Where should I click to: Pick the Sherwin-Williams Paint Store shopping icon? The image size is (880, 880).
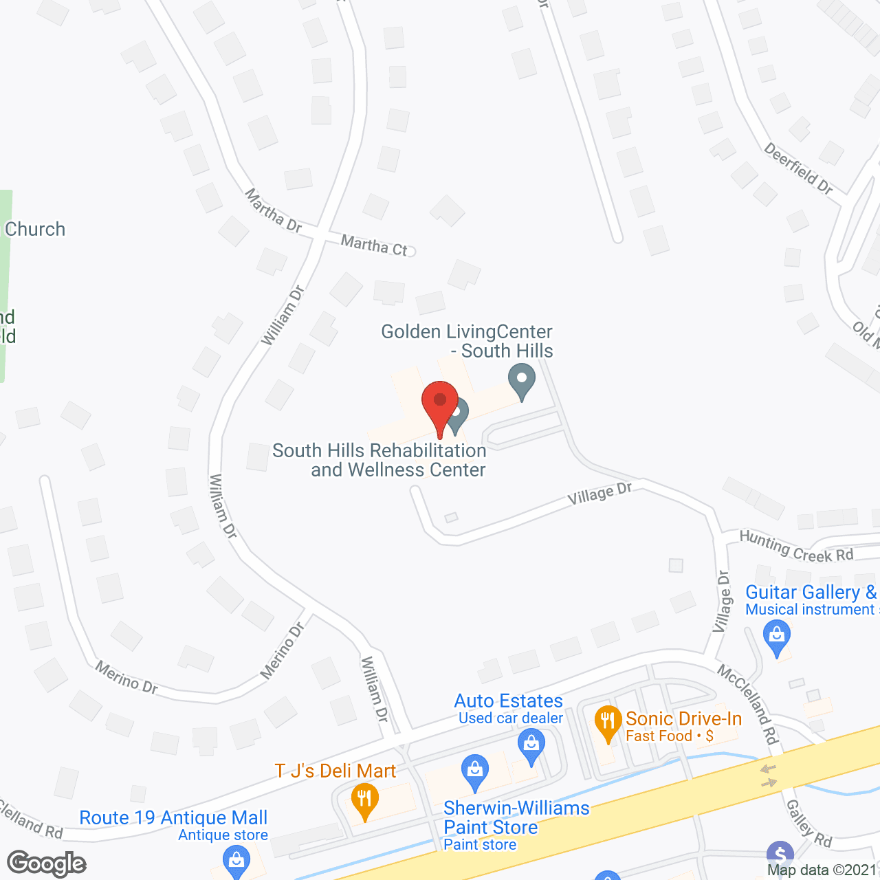tap(475, 772)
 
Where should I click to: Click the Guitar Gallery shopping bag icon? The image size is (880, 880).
tap(777, 637)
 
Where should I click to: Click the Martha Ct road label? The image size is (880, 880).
tap(375, 245)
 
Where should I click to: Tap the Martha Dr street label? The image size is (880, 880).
tap(274, 210)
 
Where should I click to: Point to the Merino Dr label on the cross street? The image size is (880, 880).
tap(283, 650)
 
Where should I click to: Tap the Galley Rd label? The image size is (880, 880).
tap(809, 824)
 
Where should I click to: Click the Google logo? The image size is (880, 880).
tap(47, 863)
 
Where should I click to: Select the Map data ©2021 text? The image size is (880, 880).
tap(822, 870)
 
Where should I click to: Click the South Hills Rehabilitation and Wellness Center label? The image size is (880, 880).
tap(379, 460)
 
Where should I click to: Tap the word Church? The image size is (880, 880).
tap(35, 229)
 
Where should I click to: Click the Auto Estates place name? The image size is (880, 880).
tap(509, 701)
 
